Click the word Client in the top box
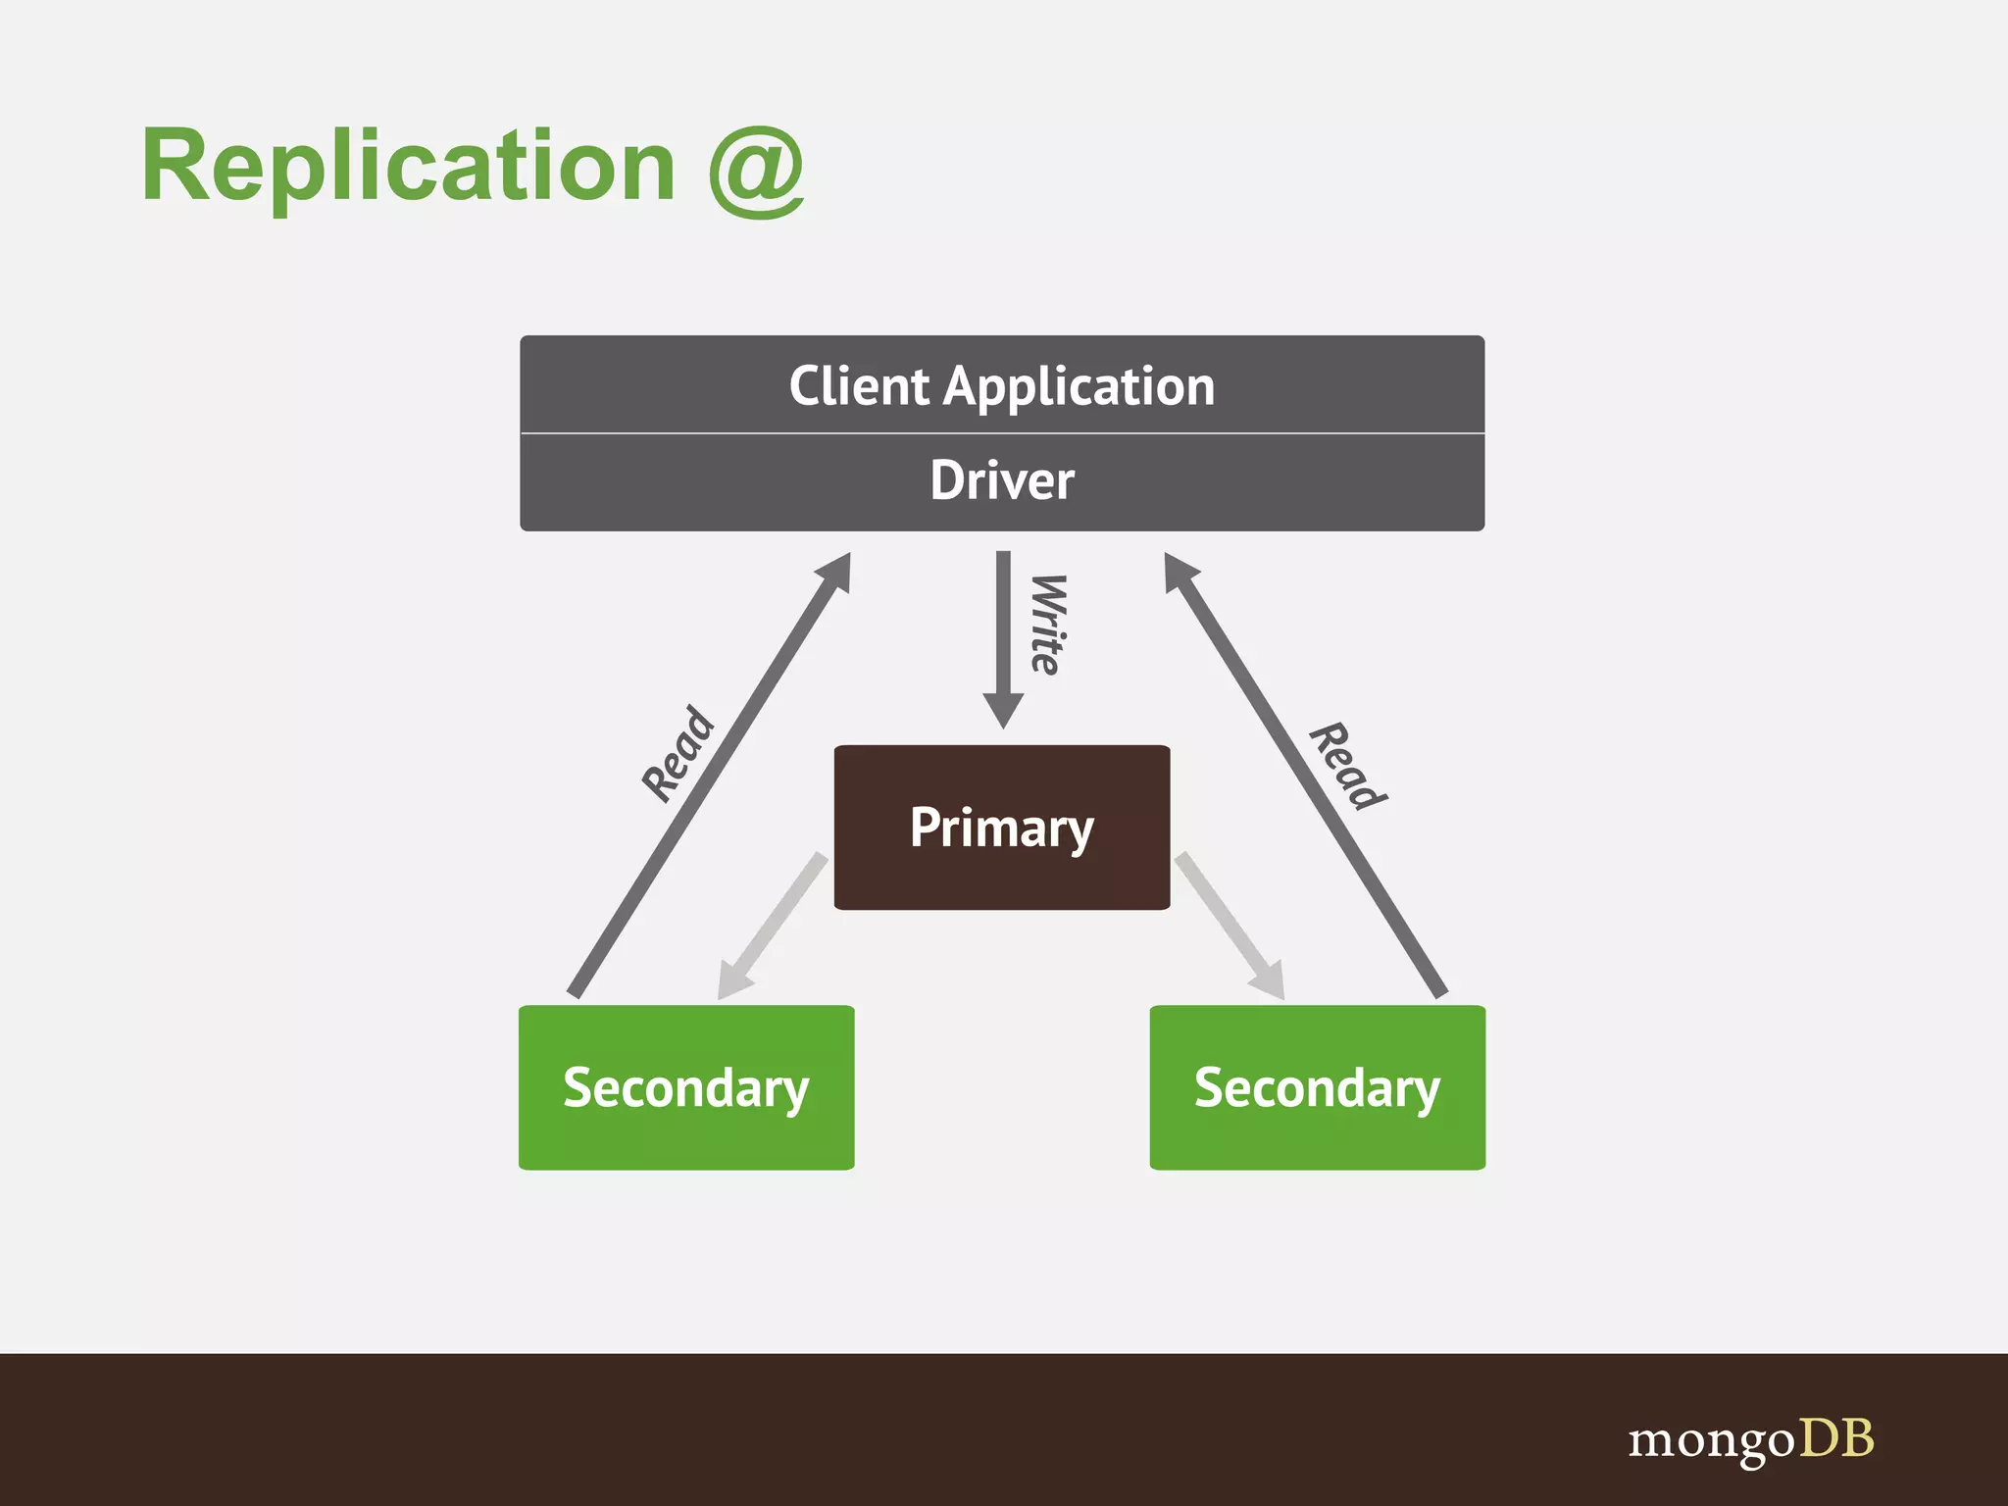point(859,385)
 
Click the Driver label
point(1002,480)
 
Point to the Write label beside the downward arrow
point(1047,625)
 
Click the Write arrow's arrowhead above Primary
point(1003,709)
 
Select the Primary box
point(1002,827)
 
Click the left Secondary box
point(686,1087)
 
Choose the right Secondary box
point(1317,1087)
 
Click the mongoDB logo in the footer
point(1751,1439)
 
